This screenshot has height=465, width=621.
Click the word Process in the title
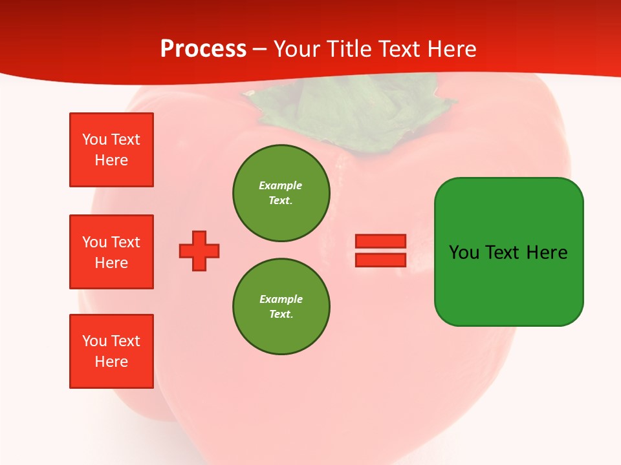tap(203, 49)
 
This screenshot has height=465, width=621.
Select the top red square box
tap(111, 150)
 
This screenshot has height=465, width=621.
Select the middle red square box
tap(111, 252)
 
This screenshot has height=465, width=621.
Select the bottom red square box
tap(111, 351)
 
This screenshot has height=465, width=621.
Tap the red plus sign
tap(199, 251)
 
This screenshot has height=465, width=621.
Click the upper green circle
tap(281, 193)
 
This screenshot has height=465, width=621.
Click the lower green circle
tap(281, 307)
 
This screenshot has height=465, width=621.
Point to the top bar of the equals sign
tap(380, 241)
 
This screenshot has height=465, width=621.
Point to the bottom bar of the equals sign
tap(380, 260)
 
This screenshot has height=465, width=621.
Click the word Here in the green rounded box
tap(547, 253)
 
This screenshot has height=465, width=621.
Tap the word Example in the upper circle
tap(280, 185)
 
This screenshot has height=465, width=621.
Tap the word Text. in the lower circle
tap(281, 315)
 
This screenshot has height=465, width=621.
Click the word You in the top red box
tap(94, 139)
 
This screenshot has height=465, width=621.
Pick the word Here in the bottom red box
tap(111, 362)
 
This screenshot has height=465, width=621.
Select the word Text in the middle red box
tap(125, 242)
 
